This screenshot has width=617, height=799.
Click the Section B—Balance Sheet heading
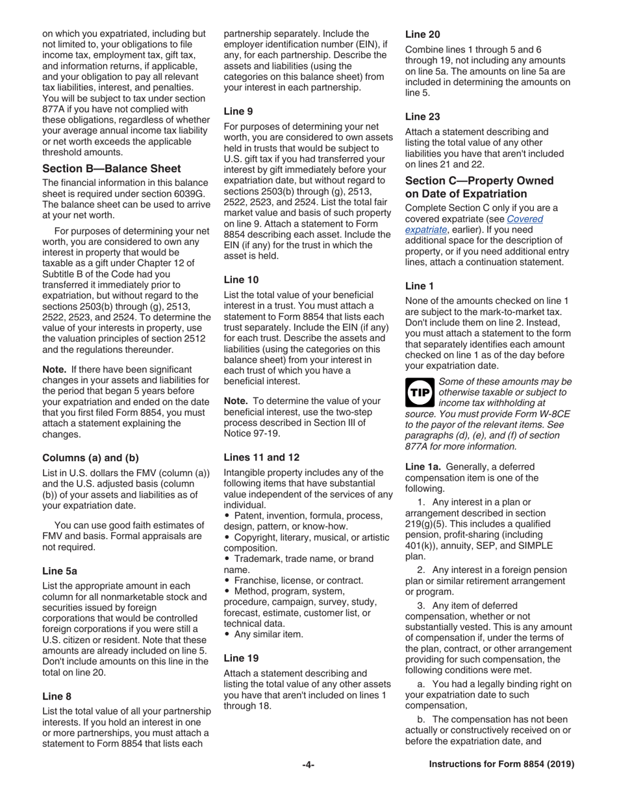(111, 168)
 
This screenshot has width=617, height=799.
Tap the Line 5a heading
(60, 571)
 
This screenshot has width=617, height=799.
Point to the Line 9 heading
(238, 111)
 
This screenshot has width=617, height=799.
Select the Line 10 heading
(241, 280)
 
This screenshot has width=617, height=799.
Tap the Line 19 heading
(241, 657)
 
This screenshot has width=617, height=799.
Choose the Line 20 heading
(423, 34)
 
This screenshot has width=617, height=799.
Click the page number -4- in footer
(308, 765)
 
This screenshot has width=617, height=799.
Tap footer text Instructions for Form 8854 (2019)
(501, 765)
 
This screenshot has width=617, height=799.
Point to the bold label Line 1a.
(423, 466)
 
